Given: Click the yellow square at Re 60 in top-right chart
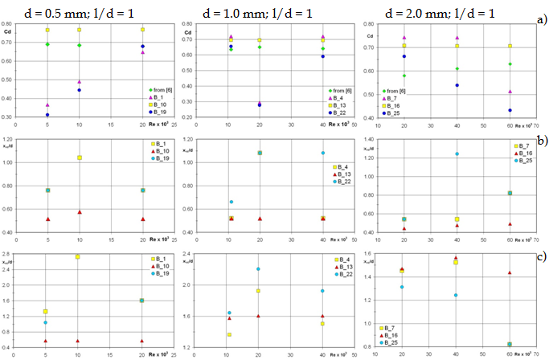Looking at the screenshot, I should [509, 46].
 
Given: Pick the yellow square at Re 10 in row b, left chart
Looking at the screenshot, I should [78, 157].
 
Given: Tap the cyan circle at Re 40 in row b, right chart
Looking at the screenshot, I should [457, 153].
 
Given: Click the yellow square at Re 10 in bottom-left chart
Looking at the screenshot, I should [78, 256].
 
